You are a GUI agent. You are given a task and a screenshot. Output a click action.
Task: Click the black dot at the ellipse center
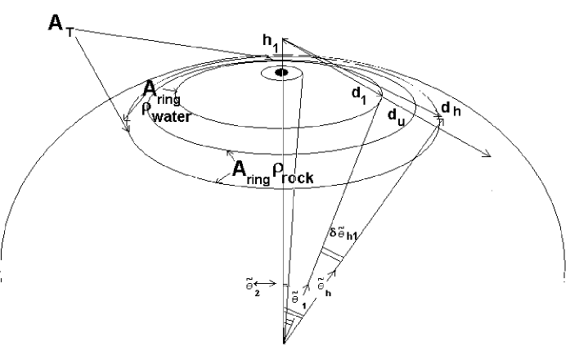click(x=281, y=74)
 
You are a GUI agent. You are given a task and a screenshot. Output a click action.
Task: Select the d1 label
click(x=359, y=94)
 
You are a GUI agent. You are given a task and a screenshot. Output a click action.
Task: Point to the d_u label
click(x=396, y=117)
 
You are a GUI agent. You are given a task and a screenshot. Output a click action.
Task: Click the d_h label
click(x=451, y=108)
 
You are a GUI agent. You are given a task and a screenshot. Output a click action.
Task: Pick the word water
click(x=171, y=116)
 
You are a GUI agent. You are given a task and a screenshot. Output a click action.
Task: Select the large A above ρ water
click(x=152, y=88)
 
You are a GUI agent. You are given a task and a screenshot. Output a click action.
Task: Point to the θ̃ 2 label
click(x=251, y=286)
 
